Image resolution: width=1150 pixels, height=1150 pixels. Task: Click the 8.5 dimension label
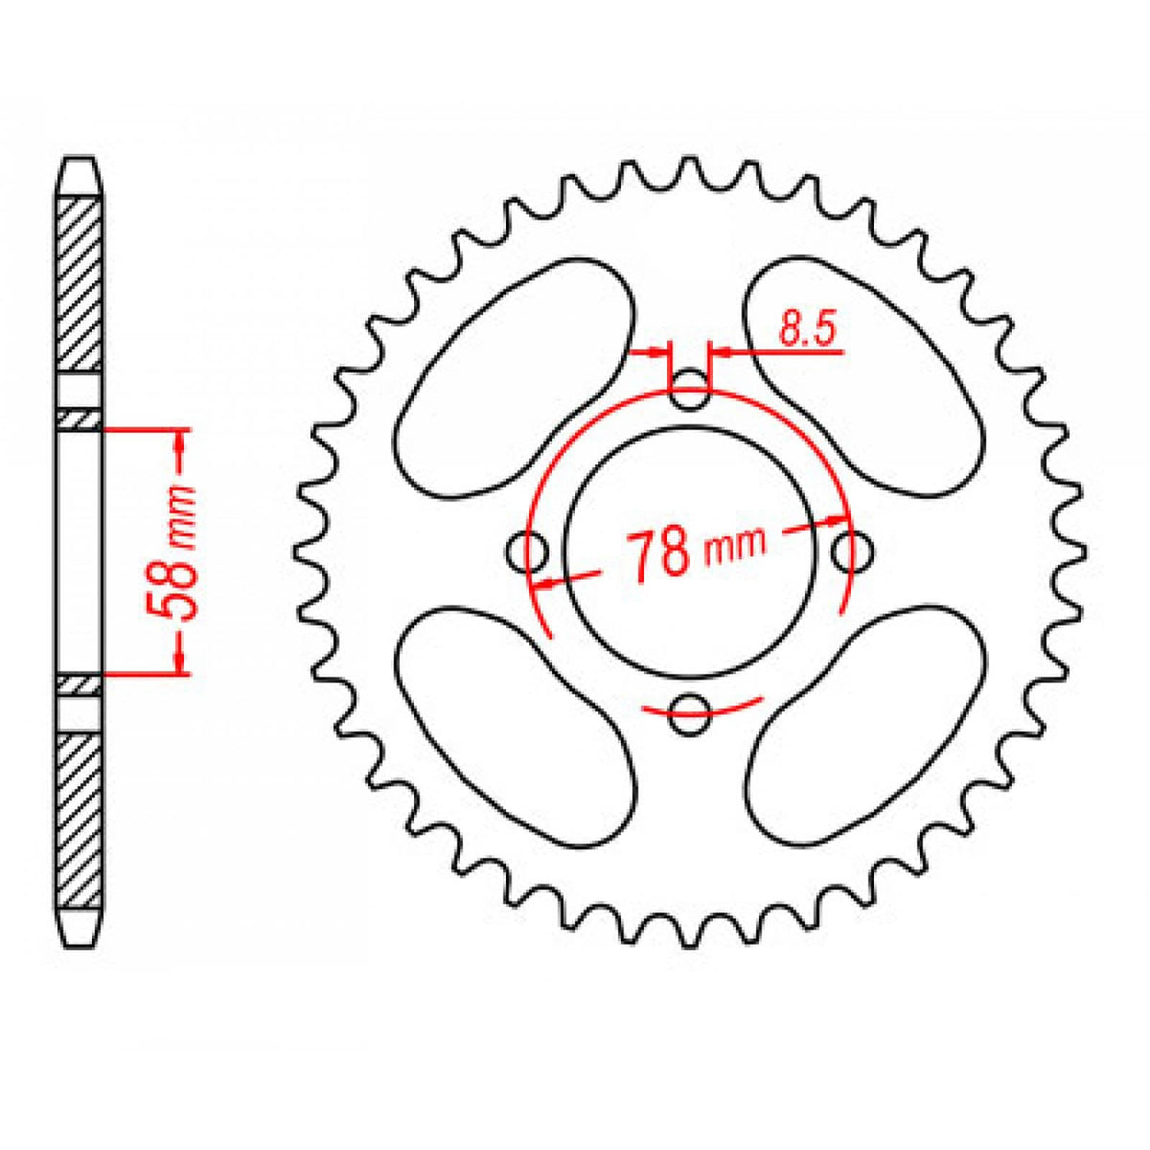tap(808, 330)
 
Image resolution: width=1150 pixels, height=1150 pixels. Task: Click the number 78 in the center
tap(660, 553)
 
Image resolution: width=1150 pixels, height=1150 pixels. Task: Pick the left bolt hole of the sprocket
tap(525, 551)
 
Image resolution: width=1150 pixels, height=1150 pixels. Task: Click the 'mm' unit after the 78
tap(736, 546)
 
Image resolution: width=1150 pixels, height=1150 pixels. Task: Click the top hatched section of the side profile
tap(79, 283)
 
